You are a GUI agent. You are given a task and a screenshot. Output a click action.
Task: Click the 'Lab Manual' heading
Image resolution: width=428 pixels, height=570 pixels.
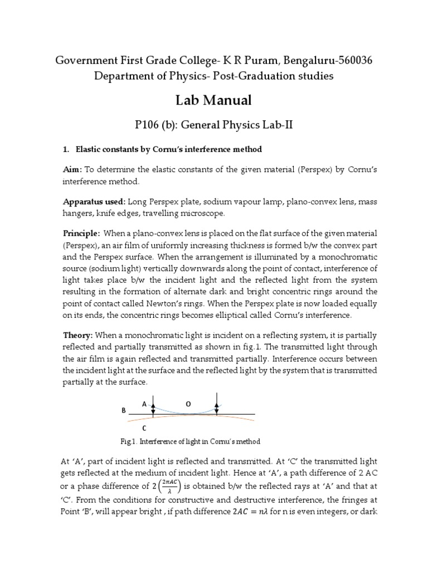pyautogui.click(x=214, y=100)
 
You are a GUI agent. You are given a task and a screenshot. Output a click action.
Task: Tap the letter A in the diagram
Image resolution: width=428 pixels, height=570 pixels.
pyautogui.click(x=144, y=405)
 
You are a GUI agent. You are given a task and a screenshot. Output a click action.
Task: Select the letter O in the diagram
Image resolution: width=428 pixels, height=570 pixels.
pyautogui.click(x=188, y=405)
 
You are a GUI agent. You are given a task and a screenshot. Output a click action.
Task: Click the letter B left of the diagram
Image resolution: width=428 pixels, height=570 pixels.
pyautogui.click(x=124, y=411)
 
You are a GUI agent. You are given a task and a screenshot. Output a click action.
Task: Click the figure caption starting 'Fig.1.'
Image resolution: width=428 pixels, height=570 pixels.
pyautogui.click(x=190, y=441)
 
